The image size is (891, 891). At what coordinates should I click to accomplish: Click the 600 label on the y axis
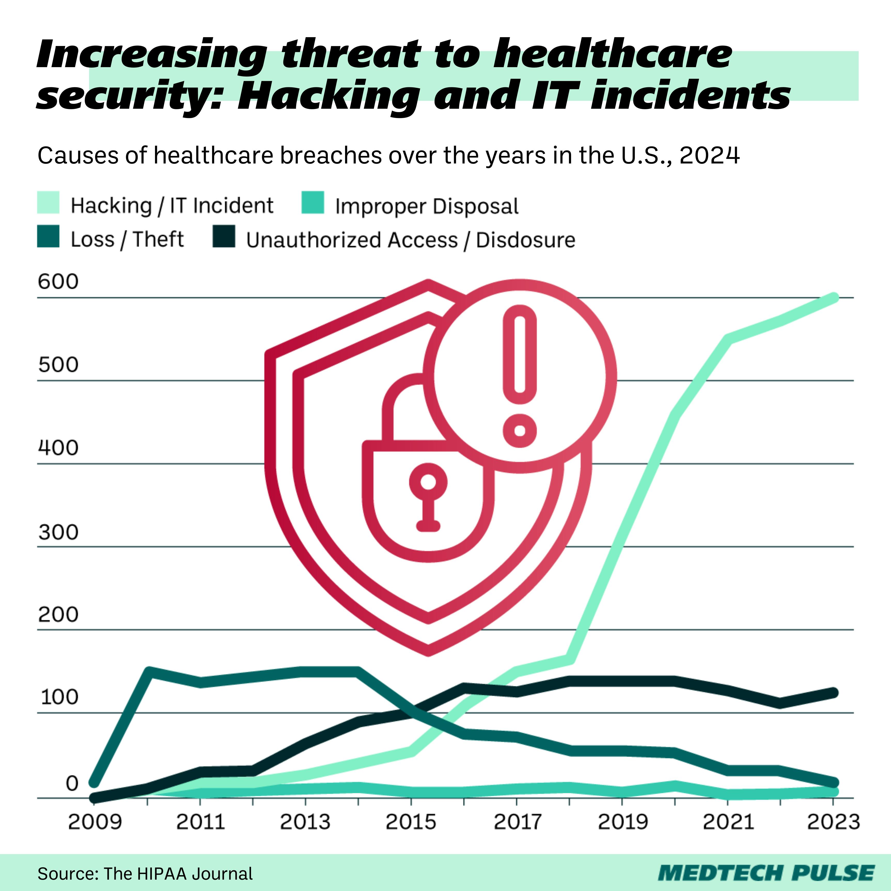[58, 282]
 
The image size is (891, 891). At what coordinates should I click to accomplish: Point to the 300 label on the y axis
[58, 533]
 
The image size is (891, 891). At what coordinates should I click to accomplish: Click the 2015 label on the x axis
[410, 822]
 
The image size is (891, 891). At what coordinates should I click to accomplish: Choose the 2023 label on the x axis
[833, 822]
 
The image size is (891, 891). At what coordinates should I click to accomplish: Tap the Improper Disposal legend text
[427, 206]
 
